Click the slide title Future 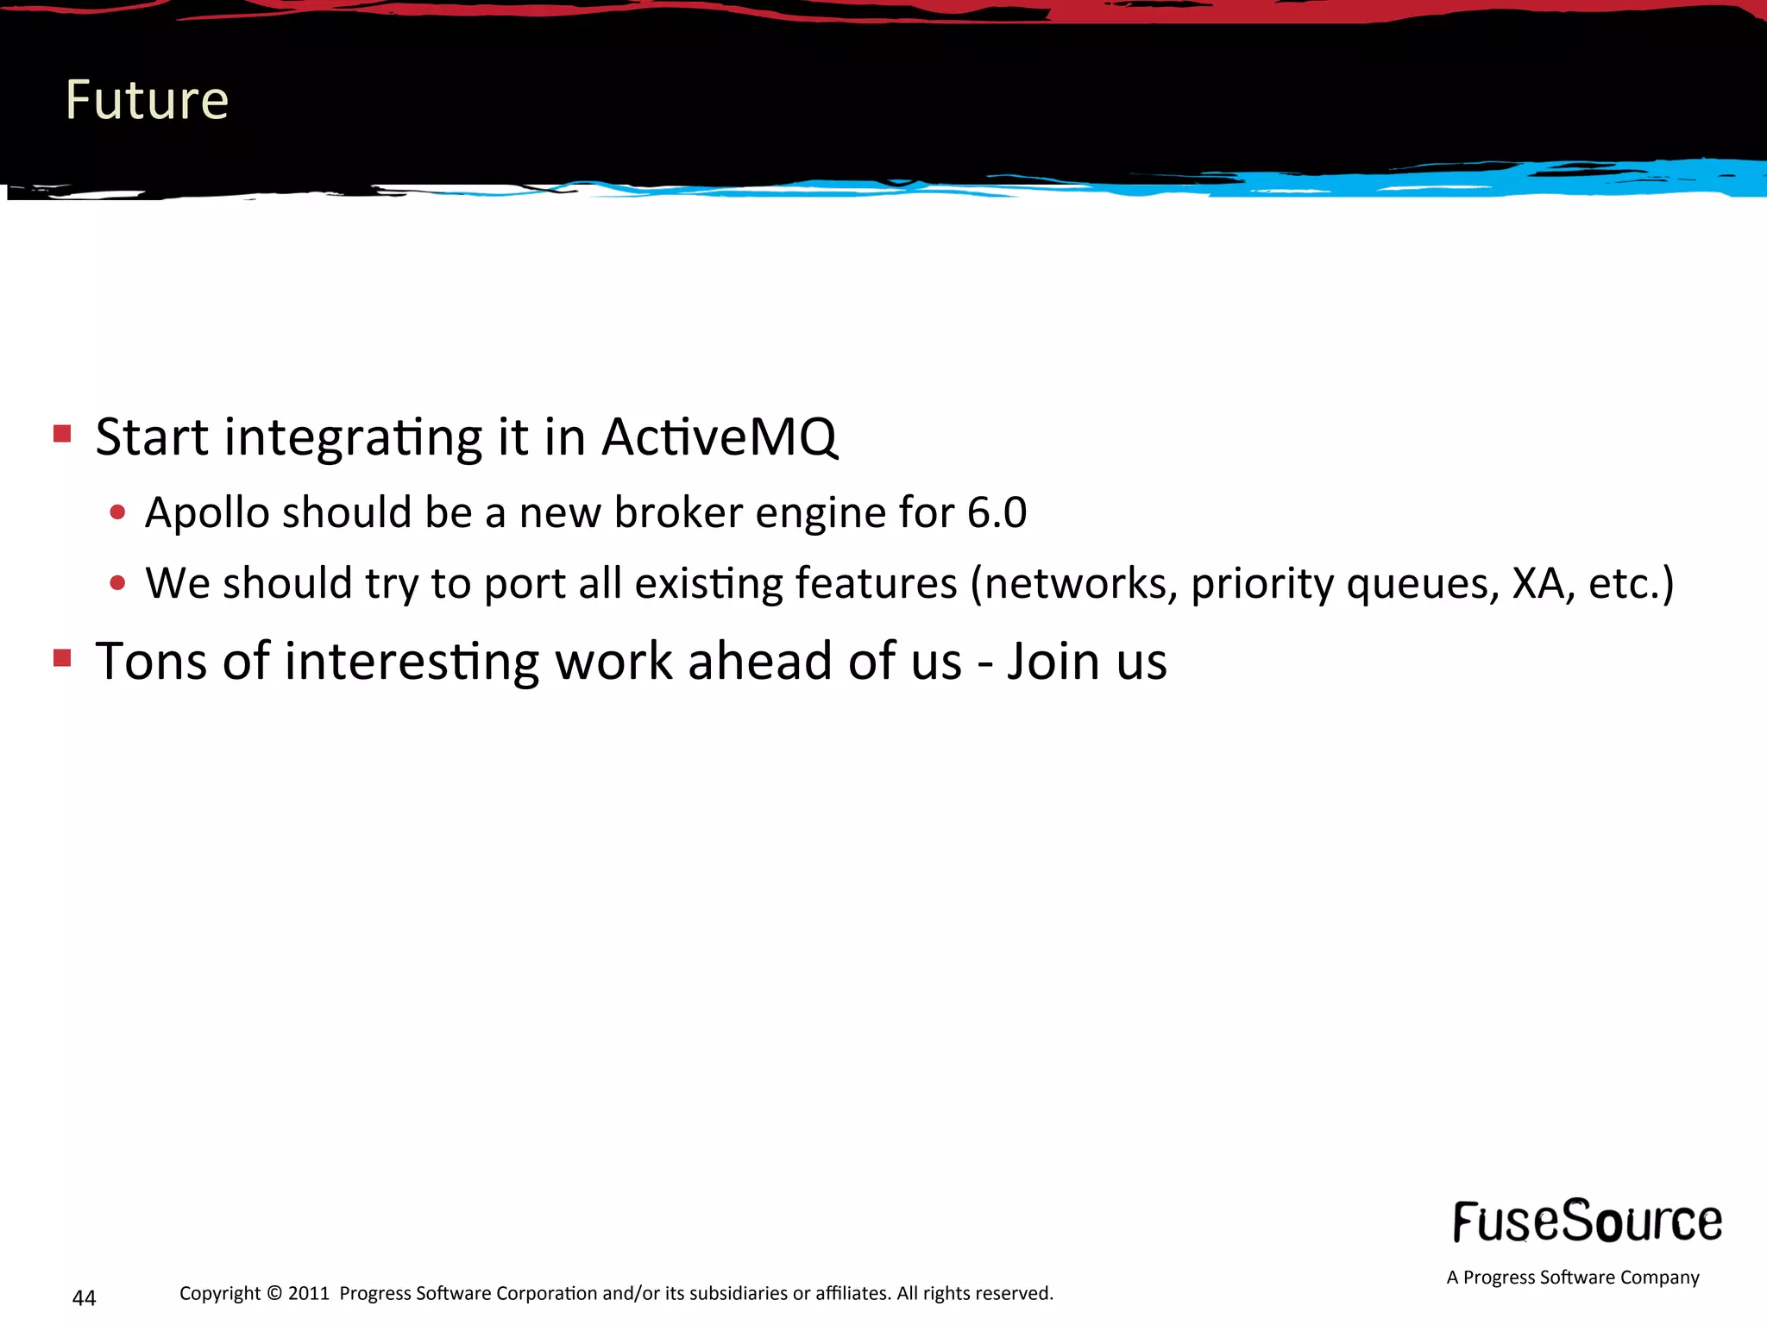pyautogui.click(x=147, y=100)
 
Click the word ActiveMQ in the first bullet pyautogui.click(x=719, y=437)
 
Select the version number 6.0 pyautogui.click(x=997, y=512)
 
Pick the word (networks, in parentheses pyautogui.click(x=1073, y=584)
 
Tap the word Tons pyautogui.click(x=151, y=662)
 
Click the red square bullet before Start pyautogui.click(x=62, y=433)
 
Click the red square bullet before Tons pyautogui.click(x=62, y=658)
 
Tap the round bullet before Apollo pyautogui.click(x=118, y=513)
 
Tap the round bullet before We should pyautogui.click(x=118, y=583)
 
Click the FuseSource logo pyautogui.click(x=1587, y=1221)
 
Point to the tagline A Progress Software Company pyautogui.click(x=1572, y=1278)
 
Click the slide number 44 pyautogui.click(x=84, y=1298)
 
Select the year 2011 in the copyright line pyautogui.click(x=308, y=1293)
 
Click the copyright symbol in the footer pyautogui.click(x=274, y=1293)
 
